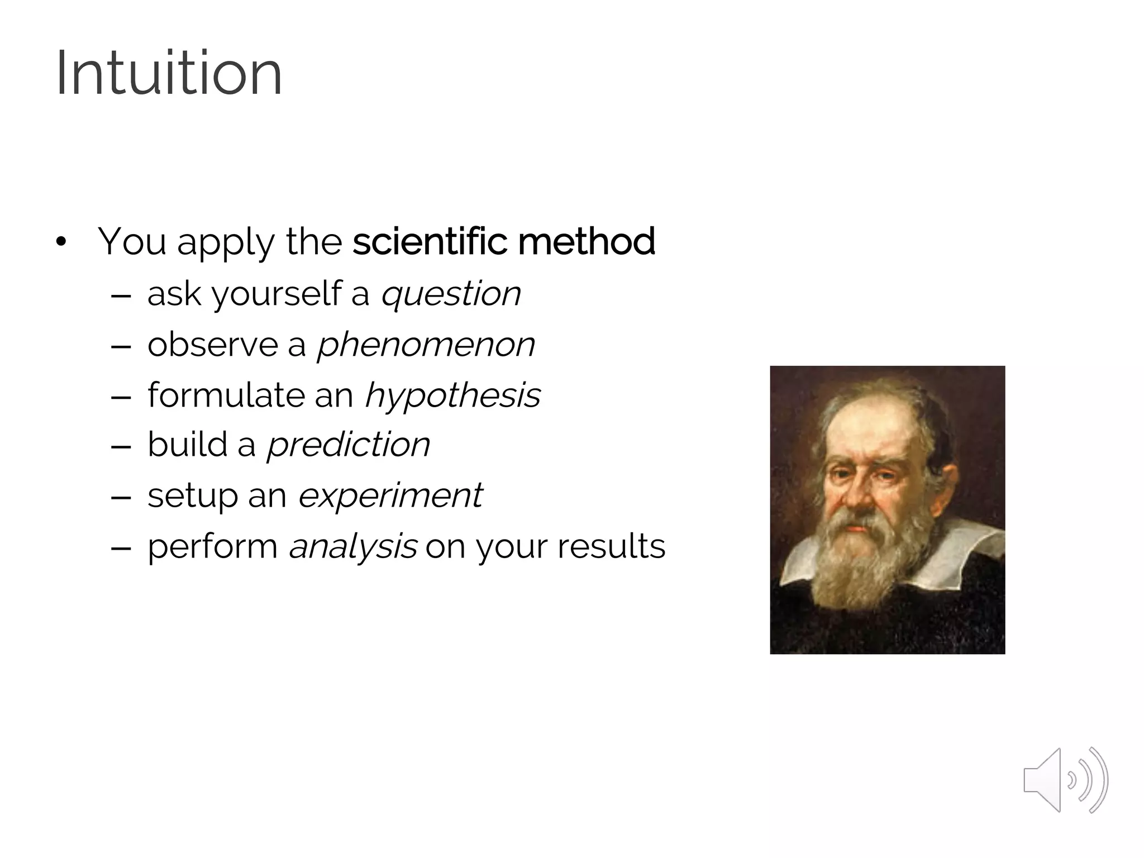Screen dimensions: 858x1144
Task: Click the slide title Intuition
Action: point(169,73)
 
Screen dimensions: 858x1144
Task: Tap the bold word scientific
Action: point(430,241)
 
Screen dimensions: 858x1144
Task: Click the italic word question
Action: point(450,294)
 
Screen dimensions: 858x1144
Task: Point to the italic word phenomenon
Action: point(426,345)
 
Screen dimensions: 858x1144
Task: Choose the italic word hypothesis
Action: point(452,395)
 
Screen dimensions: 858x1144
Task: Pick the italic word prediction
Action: point(349,445)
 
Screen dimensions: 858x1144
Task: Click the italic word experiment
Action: point(390,496)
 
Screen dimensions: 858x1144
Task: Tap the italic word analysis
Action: point(352,547)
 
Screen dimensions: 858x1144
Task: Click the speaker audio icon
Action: point(1065,780)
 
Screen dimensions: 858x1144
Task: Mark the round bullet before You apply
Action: point(61,242)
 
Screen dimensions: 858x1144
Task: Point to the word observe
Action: point(212,344)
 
